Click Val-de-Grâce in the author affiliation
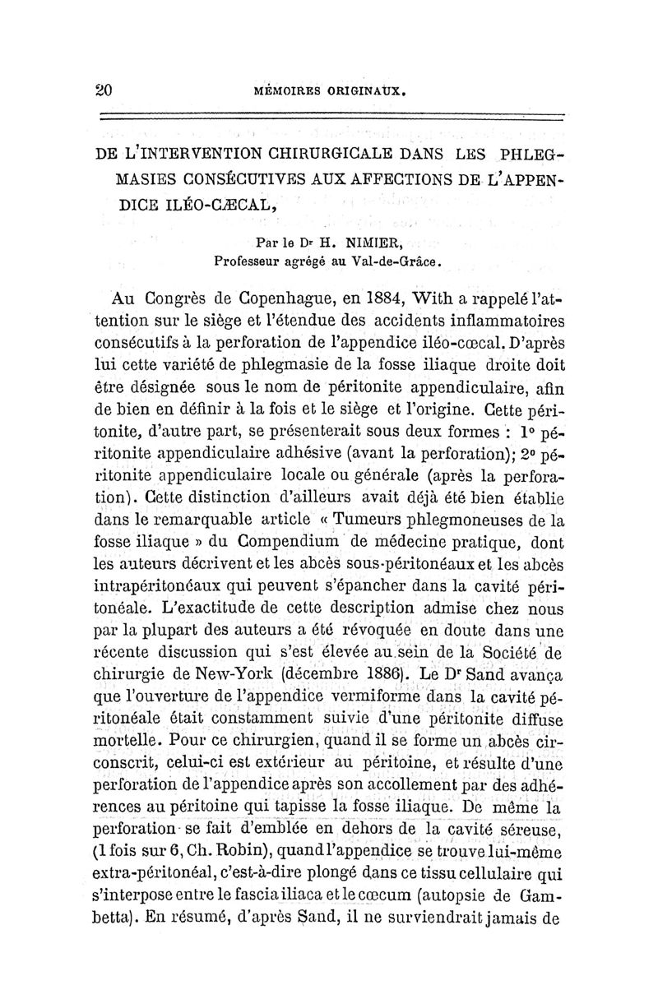point(390,262)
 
